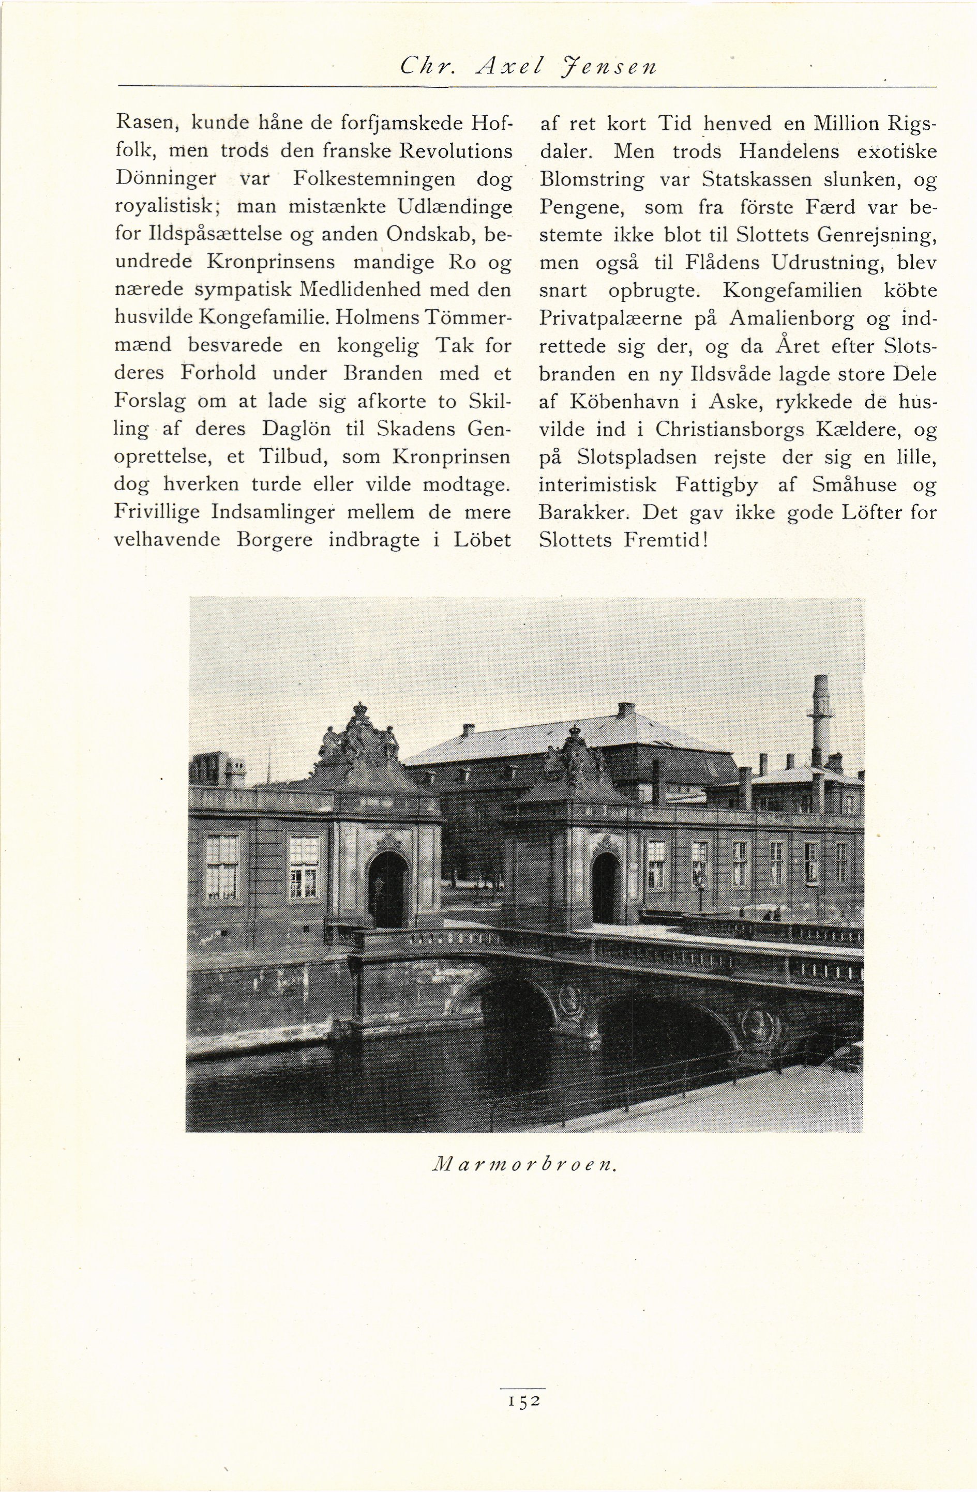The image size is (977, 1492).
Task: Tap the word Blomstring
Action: (x=591, y=180)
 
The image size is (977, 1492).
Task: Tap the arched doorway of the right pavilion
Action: (x=605, y=887)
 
